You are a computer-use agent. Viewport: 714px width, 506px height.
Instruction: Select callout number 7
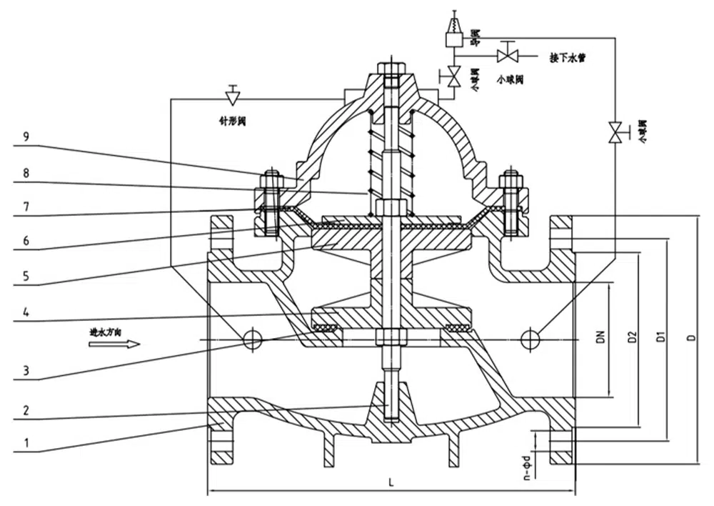tap(27, 206)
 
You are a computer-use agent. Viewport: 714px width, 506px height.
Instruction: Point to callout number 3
tap(26, 370)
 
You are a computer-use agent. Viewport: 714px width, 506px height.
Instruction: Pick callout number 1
tap(27, 443)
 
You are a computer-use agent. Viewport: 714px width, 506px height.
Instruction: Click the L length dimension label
tap(391, 482)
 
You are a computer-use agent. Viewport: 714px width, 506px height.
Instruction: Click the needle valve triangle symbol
tap(232, 96)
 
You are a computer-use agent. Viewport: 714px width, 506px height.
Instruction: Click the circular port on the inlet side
tap(252, 339)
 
